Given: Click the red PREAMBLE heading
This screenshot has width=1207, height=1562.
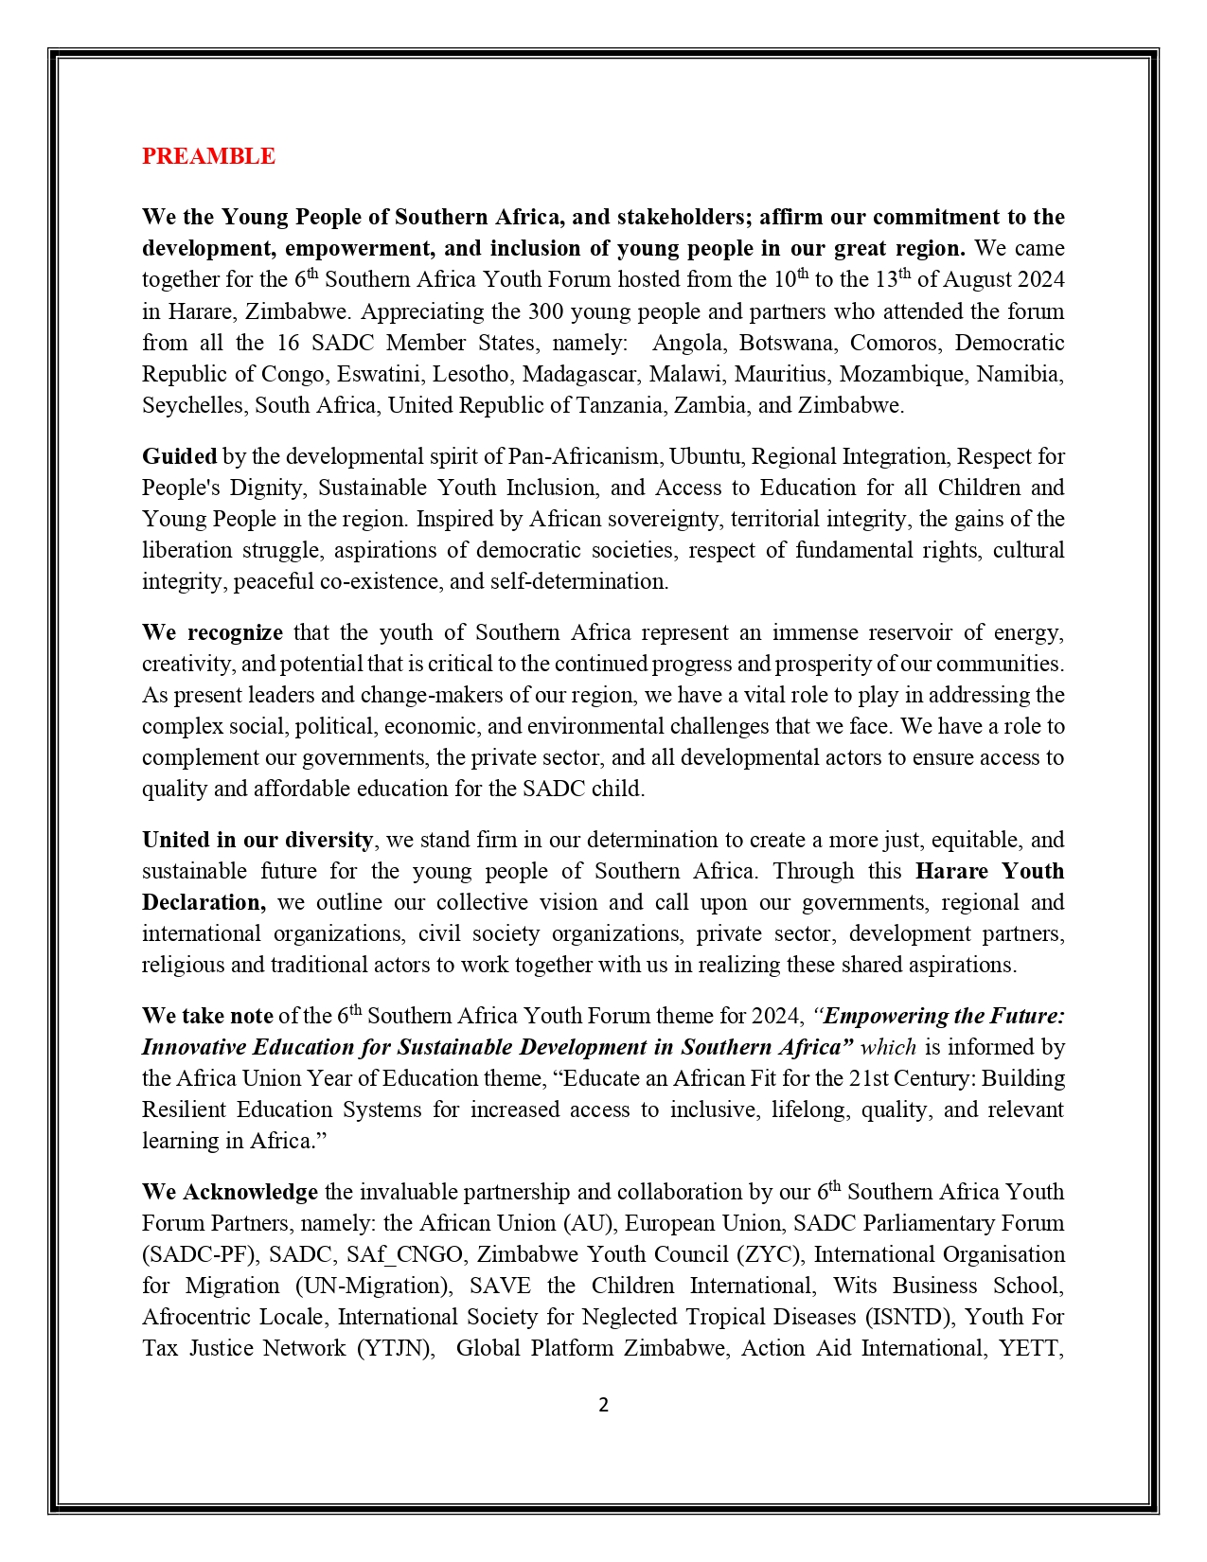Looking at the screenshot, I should (208, 156).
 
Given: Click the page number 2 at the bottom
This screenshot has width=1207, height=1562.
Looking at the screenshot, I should (603, 1405).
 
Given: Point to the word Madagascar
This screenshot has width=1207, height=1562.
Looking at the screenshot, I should (578, 374).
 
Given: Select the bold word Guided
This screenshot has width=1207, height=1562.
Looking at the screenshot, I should (179, 456).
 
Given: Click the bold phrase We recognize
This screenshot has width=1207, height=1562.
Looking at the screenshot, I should (212, 632).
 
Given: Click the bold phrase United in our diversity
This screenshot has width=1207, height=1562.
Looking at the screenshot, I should (257, 840).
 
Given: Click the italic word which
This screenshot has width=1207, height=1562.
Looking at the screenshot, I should (887, 1047).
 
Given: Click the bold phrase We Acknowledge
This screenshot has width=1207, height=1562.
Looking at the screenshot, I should (229, 1192).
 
